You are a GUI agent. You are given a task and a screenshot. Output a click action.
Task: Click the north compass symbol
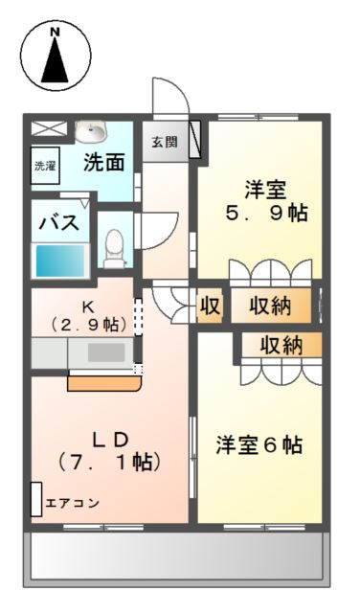55,55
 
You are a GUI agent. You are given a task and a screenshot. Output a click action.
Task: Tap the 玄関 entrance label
164,142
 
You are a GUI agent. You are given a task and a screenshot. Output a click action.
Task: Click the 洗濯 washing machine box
45,165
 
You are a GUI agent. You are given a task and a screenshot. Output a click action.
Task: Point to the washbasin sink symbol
93,132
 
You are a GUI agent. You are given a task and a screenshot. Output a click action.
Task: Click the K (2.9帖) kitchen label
87,315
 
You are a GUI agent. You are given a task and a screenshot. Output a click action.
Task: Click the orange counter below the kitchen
102,384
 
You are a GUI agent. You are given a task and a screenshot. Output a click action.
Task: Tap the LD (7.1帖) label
110,449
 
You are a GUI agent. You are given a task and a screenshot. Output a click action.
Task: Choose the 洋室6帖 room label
259,445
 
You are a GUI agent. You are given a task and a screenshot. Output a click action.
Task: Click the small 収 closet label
211,306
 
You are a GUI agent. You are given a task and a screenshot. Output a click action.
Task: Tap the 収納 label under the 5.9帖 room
271,306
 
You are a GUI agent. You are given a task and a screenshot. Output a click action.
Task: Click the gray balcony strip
176,556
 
